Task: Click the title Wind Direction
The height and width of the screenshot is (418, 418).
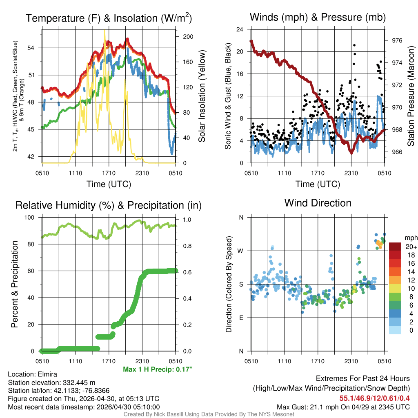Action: tap(318, 203)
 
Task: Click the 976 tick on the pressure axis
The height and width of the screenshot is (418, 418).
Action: tap(396, 40)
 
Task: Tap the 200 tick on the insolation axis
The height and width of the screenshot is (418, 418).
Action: tap(188, 36)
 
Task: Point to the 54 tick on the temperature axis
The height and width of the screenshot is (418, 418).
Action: tap(35, 48)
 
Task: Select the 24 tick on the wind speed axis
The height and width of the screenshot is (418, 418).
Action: tap(240, 29)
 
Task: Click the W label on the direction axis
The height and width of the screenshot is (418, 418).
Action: tap(241, 251)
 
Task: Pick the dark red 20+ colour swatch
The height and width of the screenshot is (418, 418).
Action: tap(396, 246)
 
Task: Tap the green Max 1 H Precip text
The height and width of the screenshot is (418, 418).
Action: tap(158, 369)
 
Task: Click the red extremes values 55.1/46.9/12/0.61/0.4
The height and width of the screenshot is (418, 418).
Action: tap(374, 398)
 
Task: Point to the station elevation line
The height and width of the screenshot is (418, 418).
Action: tap(51, 382)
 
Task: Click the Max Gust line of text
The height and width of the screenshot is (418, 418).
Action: tap(343, 407)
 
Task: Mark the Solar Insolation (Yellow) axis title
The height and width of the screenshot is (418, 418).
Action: tap(202, 96)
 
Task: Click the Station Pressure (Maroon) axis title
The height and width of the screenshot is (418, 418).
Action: tap(411, 96)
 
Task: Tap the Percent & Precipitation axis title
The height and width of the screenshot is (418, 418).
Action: tap(15, 284)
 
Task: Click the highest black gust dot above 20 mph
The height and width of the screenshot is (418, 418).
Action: tap(354, 45)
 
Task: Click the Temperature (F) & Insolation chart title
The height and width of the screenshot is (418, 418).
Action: tap(109, 18)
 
